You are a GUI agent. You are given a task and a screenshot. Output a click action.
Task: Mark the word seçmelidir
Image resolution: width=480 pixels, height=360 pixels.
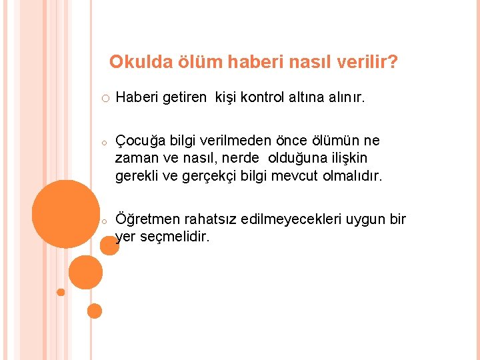(173, 237)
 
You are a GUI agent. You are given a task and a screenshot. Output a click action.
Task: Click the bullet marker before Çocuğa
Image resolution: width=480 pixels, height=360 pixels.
(105, 142)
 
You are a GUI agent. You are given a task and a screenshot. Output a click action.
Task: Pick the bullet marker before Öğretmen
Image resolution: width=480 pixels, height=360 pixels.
(105, 220)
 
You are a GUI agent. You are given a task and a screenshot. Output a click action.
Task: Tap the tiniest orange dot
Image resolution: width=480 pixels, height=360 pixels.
(61, 292)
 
